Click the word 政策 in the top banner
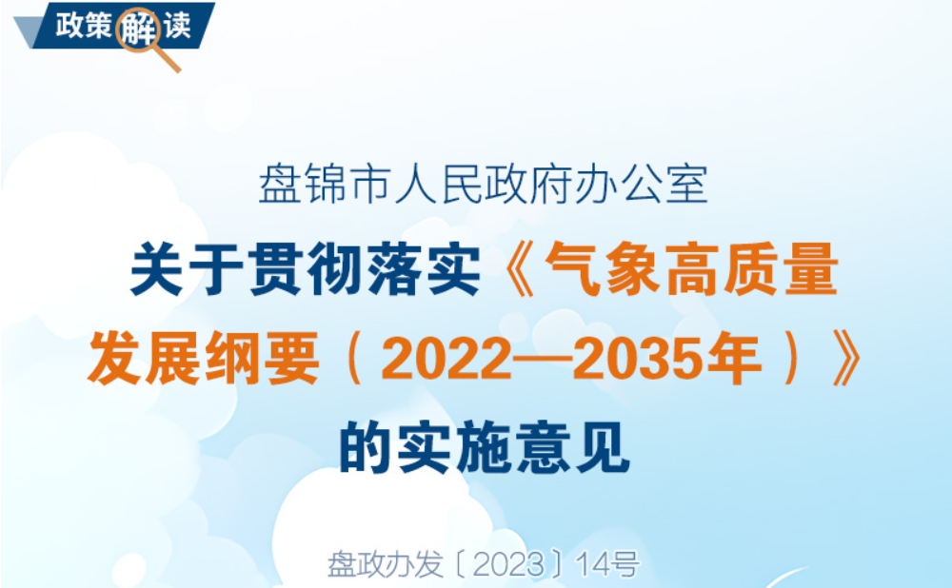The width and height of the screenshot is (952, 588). click(x=84, y=26)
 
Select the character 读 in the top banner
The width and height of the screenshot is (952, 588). click(x=177, y=26)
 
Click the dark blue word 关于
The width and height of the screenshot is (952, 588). click(x=187, y=269)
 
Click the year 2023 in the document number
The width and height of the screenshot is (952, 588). click(x=508, y=565)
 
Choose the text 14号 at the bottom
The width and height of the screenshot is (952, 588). click(x=607, y=565)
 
